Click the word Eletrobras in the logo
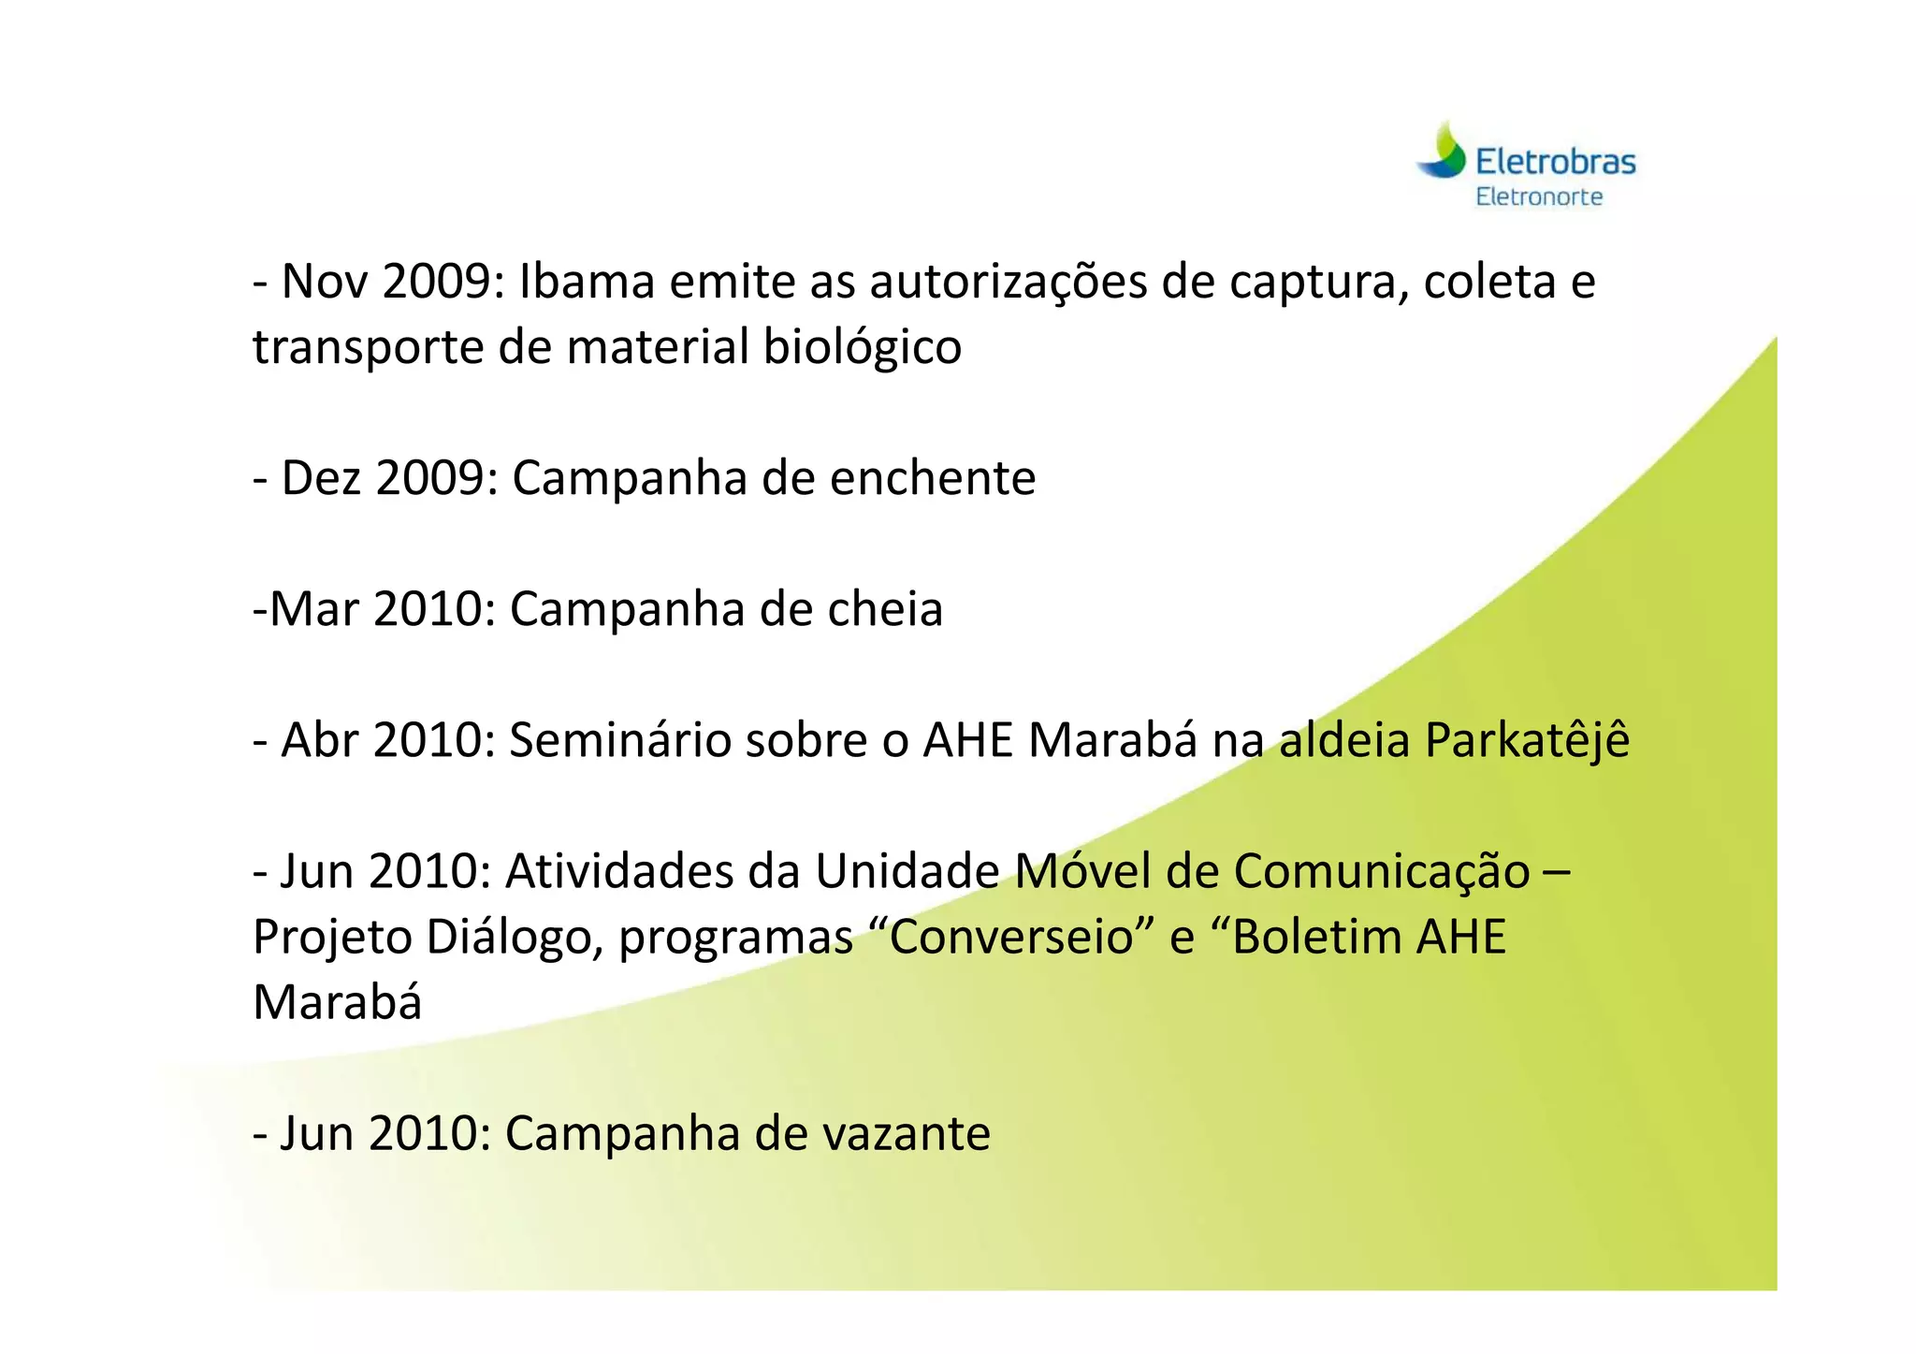coord(1555,162)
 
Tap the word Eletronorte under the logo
coord(1539,197)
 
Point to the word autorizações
coord(1008,282)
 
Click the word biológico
coord(862,347)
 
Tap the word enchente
coord(932,478)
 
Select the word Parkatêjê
coord(1527,740)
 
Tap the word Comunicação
coord(1382,871)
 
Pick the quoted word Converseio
coord(1011,937)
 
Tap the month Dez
coord(321,478)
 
